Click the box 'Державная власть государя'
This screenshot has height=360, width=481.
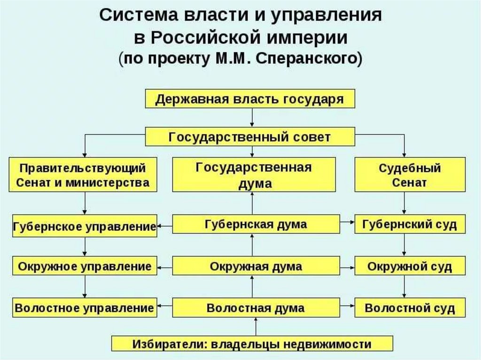point(249,100)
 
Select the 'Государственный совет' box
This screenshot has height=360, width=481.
point(249,137)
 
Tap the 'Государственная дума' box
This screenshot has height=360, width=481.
point(254,175)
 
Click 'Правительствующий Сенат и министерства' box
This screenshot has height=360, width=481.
point(83,175)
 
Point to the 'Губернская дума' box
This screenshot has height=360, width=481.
point(256,224)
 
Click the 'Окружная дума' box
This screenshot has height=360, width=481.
point(256,267)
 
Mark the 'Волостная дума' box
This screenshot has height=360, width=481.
point(256,308)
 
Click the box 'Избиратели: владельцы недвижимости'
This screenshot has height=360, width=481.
point(252,344)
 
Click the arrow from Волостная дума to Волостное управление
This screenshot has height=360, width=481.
point(164,308)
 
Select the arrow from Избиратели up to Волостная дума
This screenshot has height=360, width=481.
point(256,327)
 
